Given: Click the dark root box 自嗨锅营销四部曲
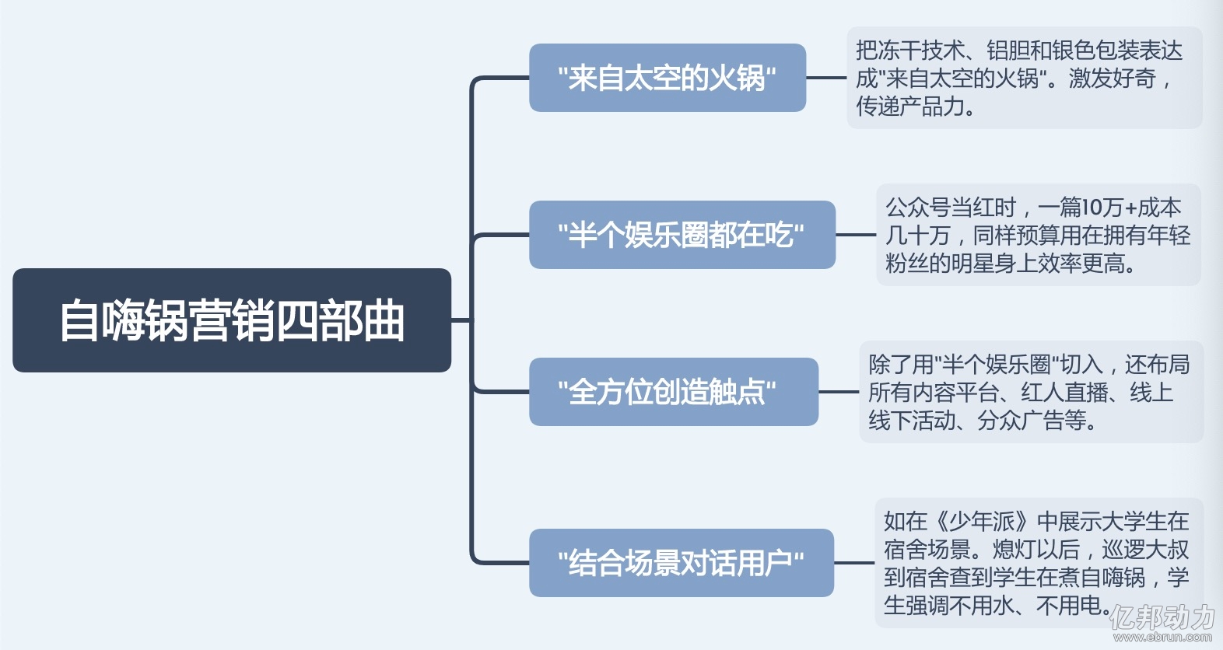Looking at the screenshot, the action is [x=232, y=320].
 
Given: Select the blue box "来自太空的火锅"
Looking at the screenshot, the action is [x=668, y=78].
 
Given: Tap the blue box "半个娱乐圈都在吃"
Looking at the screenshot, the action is [x=682, y=235].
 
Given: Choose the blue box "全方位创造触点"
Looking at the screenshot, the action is [x=674, y=392].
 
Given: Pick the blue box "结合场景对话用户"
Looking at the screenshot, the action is [x=682, y=563].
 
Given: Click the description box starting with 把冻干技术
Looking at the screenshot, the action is [x=1025, y=78].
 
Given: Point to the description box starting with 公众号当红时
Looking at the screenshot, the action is [x=1039, y=235].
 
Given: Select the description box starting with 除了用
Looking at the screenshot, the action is [x=1032, y=392].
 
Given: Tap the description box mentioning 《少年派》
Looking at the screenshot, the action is [x=1039, y=563].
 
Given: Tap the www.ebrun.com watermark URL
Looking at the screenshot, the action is [x=1162, y=637].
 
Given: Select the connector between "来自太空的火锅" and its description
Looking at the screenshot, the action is [x=827, y=78].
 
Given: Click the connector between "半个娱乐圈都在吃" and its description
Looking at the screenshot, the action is [x=856, y=235].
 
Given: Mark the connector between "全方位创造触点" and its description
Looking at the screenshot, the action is [x=839, y=392].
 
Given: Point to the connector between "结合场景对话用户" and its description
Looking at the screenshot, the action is [x=854, y=563].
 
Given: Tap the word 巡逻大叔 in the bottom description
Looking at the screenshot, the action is [x=1145, y=550].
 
